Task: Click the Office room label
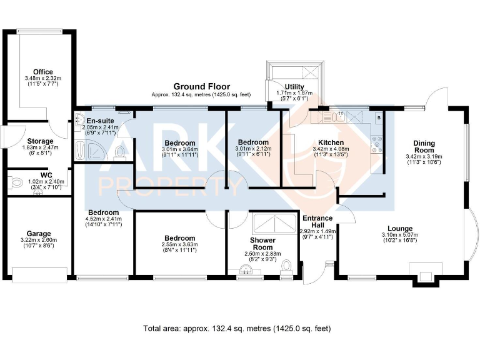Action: (x=43, y=72)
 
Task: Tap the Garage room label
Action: (x=39, y=234)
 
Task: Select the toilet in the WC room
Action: (x=15, y=183)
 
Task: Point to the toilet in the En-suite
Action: (x=120, y=153)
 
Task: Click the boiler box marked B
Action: (x=379, y=118)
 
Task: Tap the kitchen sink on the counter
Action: (x=339, y=117)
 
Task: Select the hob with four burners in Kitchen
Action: (x=376, y=144)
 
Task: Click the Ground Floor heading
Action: (x=202, y=87)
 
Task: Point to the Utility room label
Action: (x=294, y=87)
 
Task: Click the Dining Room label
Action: (x=424, y=147)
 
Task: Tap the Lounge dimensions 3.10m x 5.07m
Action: (x=400, y=235)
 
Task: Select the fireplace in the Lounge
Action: (x=426, y=274)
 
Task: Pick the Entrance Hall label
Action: (x=317, y=221)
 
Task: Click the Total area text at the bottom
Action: (x=237, y=329)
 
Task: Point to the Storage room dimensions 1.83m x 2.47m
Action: (x=40, y=147)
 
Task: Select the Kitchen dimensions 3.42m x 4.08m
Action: (x=331, y=149)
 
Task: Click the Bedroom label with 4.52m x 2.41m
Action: (x=104, y=212)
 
